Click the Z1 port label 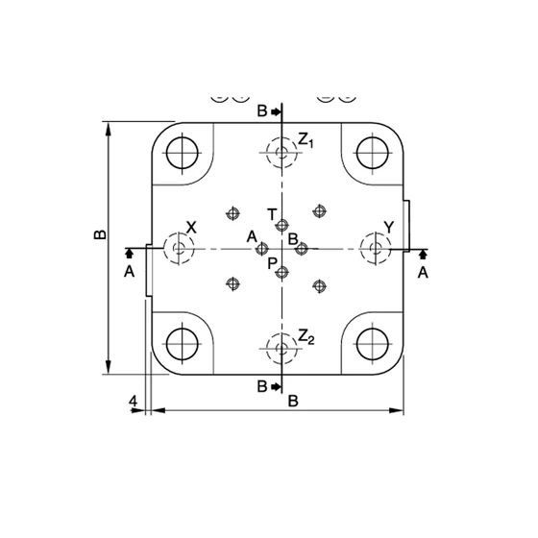306,140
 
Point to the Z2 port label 306,336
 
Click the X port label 191,227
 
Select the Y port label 389,227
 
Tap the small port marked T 282,226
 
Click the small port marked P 282,273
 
